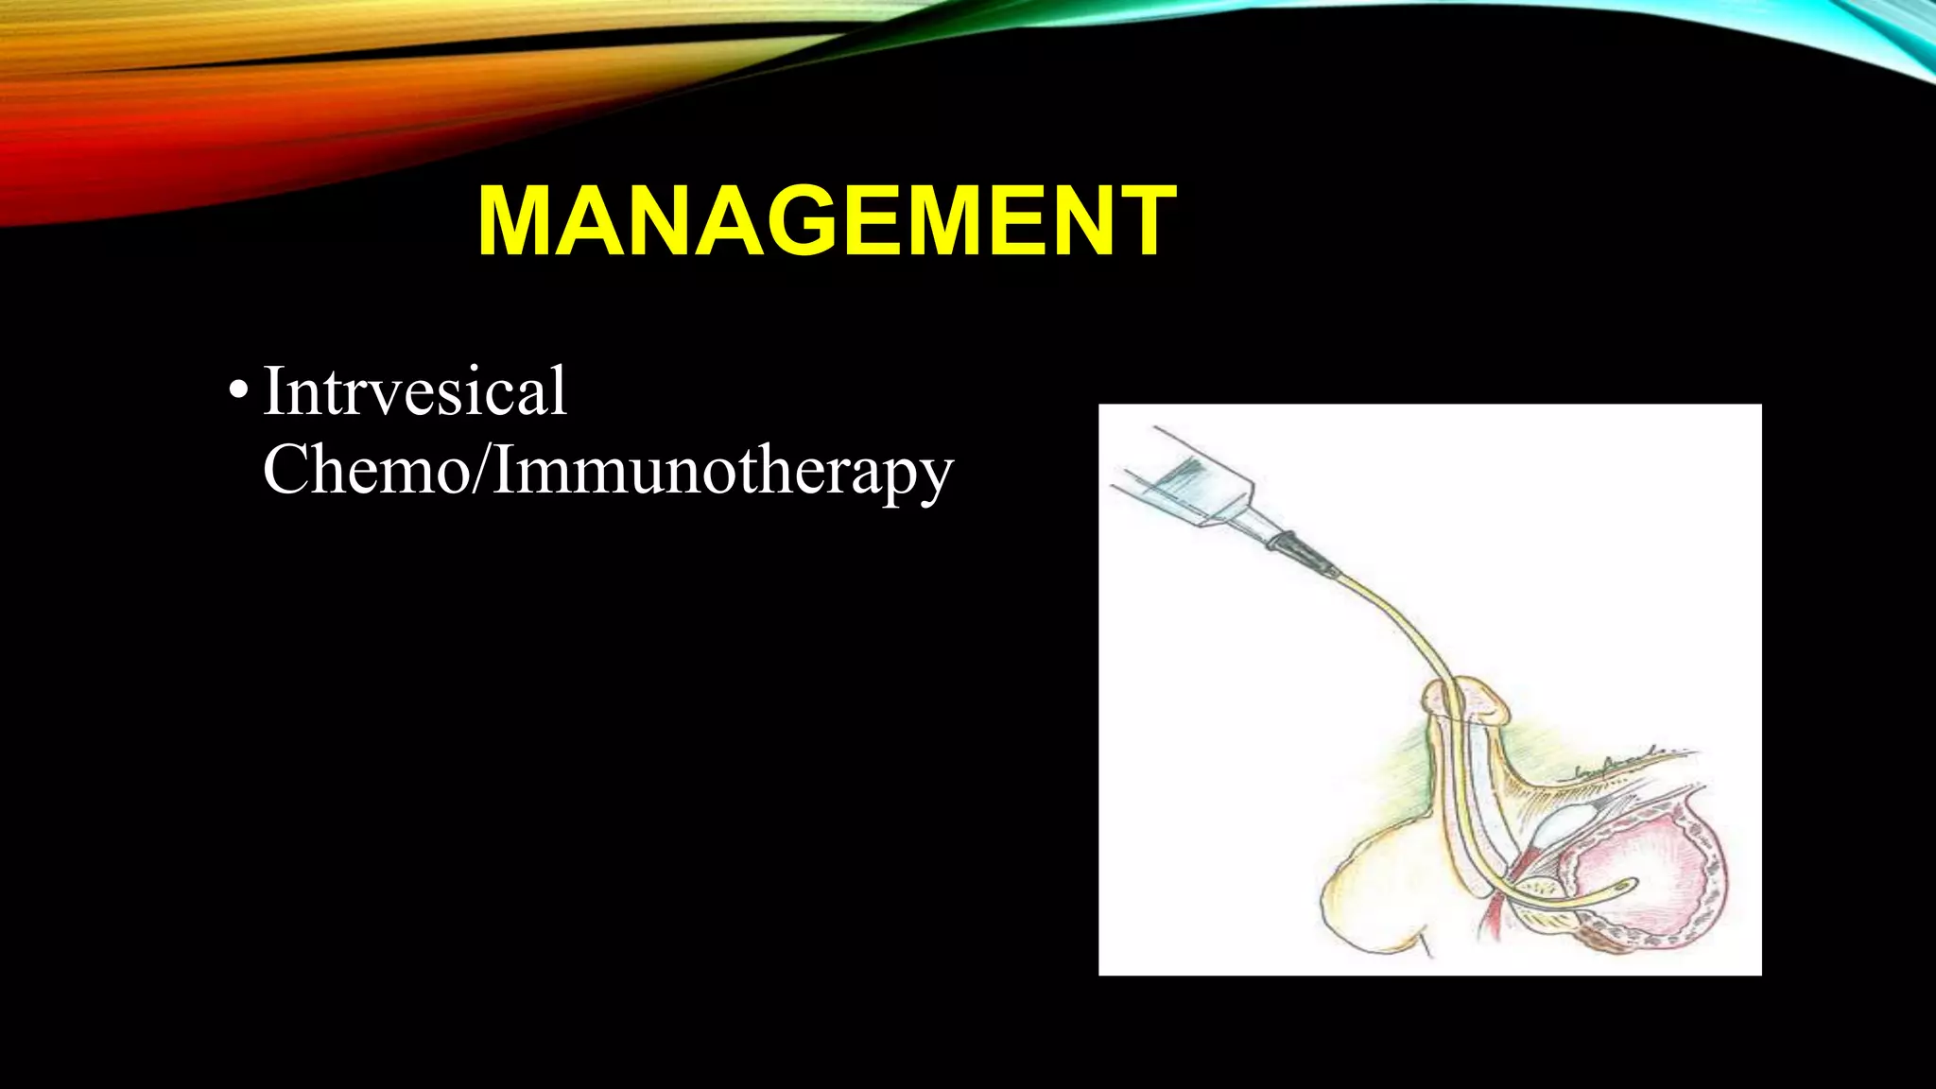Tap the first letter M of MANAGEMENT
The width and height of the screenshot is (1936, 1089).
pyautogui.click(x=519, y=221)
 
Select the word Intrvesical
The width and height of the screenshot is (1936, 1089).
pyautogui.click(x=414, y=390)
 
